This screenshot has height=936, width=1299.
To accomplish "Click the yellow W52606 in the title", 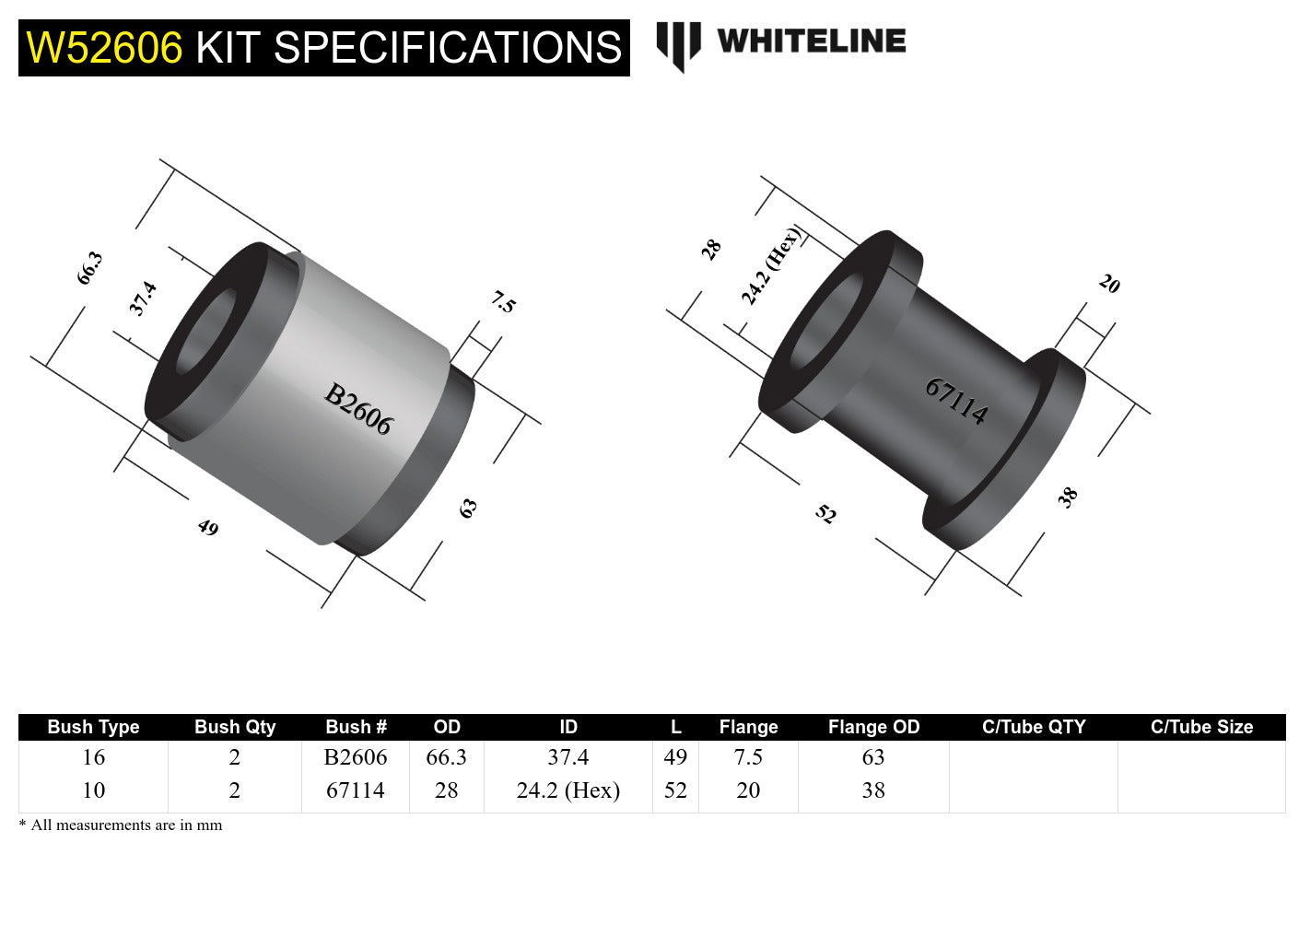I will (104, 48).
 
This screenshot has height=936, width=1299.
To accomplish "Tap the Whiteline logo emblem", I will (678, 44).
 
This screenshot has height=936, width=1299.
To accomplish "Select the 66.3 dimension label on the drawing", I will (89, 268).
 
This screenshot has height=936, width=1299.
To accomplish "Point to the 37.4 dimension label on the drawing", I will (143, 298).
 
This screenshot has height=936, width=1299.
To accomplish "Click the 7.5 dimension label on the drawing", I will (503, 301).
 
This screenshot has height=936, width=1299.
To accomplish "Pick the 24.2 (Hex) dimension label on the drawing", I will (771, 265).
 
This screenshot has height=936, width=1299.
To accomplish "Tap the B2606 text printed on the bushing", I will (358, 409).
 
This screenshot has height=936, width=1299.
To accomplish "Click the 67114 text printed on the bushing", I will (956, 401).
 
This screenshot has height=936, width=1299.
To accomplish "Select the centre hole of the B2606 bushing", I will (205, 333).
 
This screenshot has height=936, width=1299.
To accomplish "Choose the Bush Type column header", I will (93, 727).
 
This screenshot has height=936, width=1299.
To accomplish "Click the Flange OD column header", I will (873, 727).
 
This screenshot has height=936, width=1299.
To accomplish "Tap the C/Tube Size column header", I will (1201, 727).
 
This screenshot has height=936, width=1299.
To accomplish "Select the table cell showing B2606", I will (356, 757).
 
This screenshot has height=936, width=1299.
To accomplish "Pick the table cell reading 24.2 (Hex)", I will (568, 790).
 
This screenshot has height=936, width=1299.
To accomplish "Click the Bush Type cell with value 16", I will (93, 757).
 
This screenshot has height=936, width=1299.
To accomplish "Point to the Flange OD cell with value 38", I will (873, 790).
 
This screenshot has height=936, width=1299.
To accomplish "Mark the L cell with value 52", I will (675, 790).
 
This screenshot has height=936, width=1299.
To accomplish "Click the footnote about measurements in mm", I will (121, 825).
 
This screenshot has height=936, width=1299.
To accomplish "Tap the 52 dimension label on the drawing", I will (825, 514).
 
